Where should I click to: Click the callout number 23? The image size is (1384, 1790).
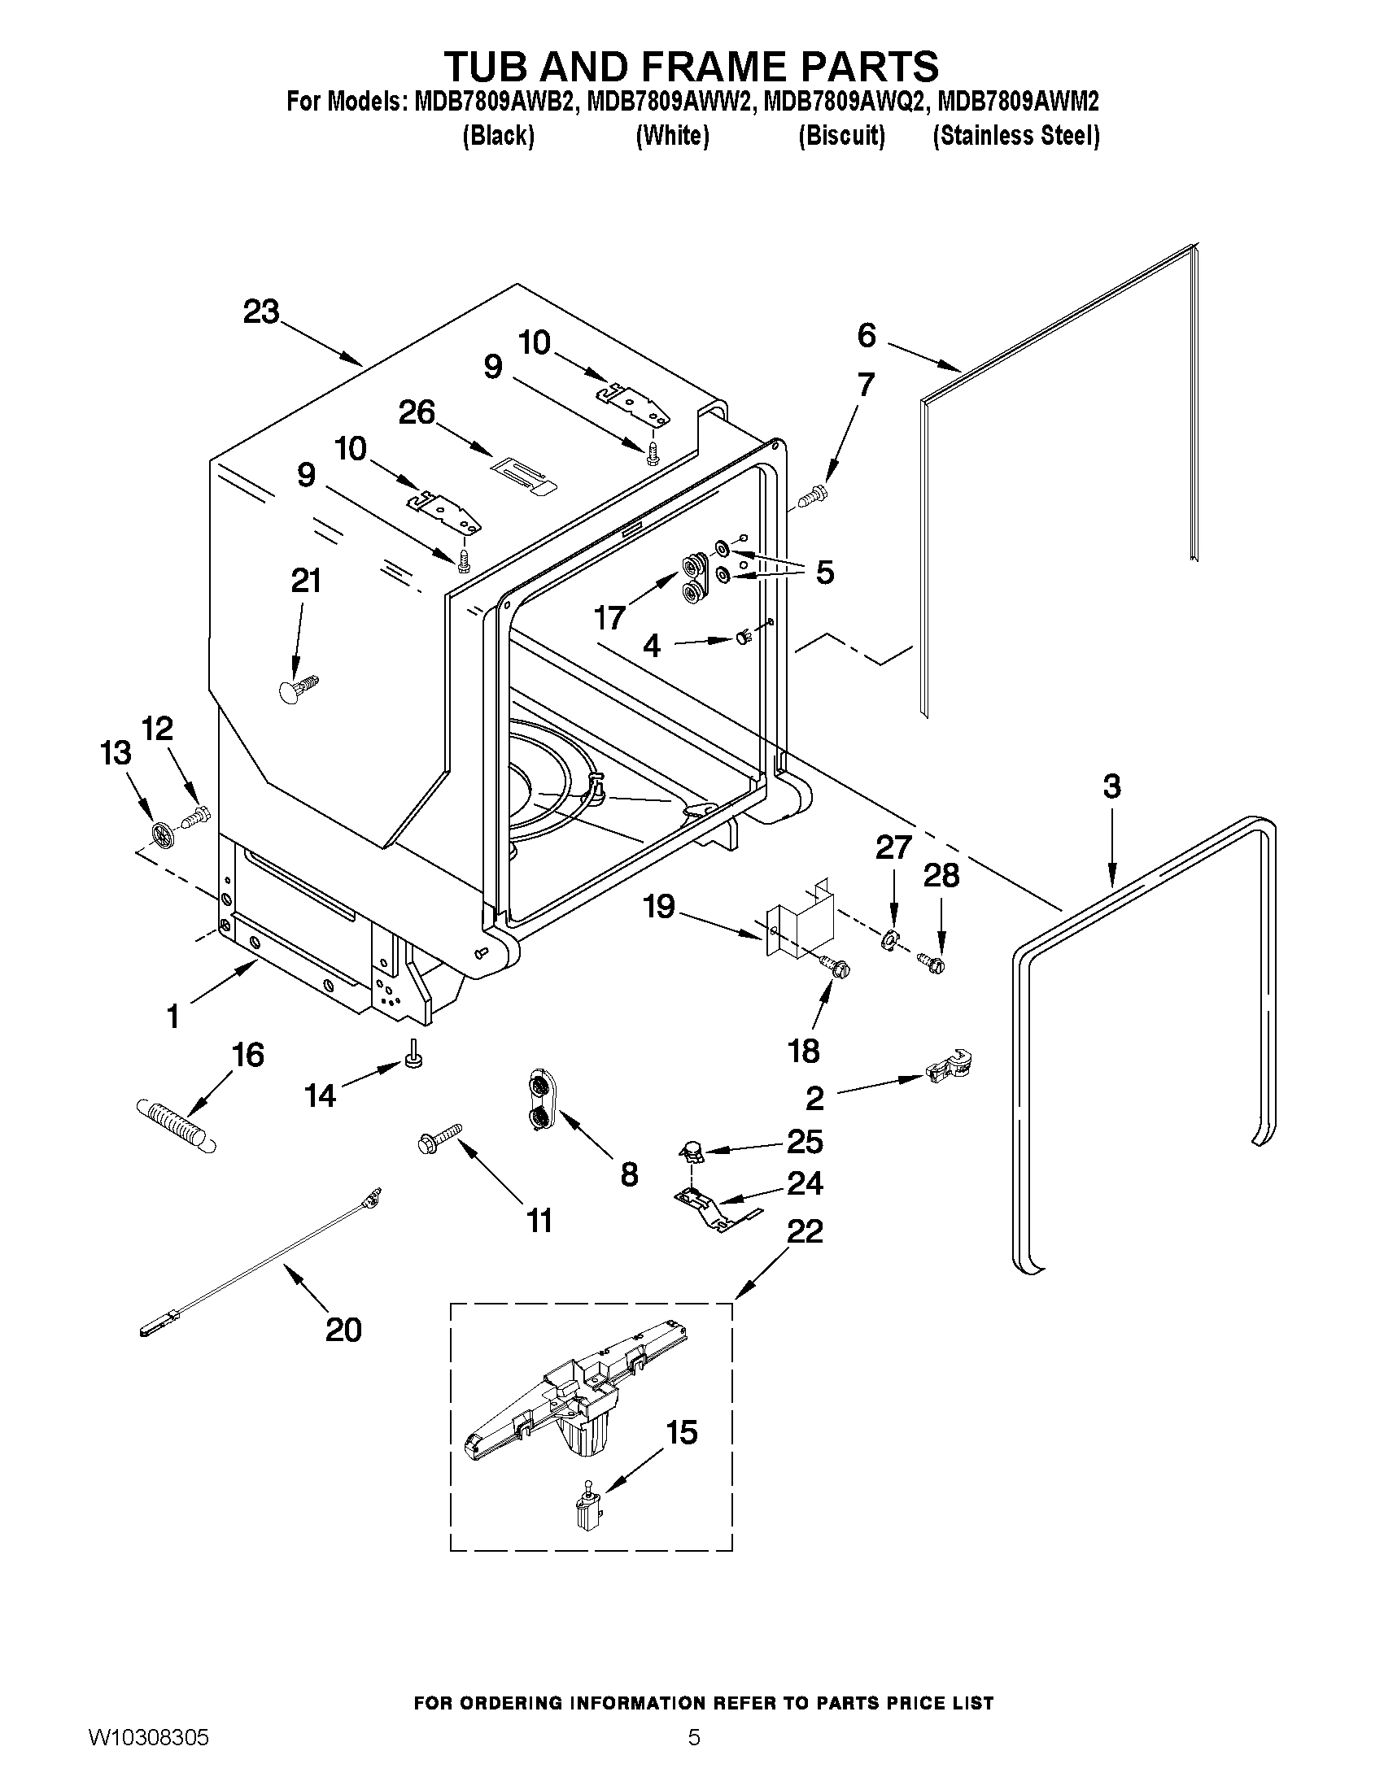[260, 312]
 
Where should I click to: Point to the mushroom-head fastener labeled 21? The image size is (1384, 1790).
[296, 687]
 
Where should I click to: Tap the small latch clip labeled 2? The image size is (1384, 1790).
[947, 1067]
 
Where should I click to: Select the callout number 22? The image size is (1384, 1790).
[805, 1231]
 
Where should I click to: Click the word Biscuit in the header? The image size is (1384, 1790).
[841, 135]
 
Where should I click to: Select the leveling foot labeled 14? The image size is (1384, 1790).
[415, 1054]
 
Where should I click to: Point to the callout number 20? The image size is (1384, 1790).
[343, 1330]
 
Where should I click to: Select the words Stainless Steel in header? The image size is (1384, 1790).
[1016, 135]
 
